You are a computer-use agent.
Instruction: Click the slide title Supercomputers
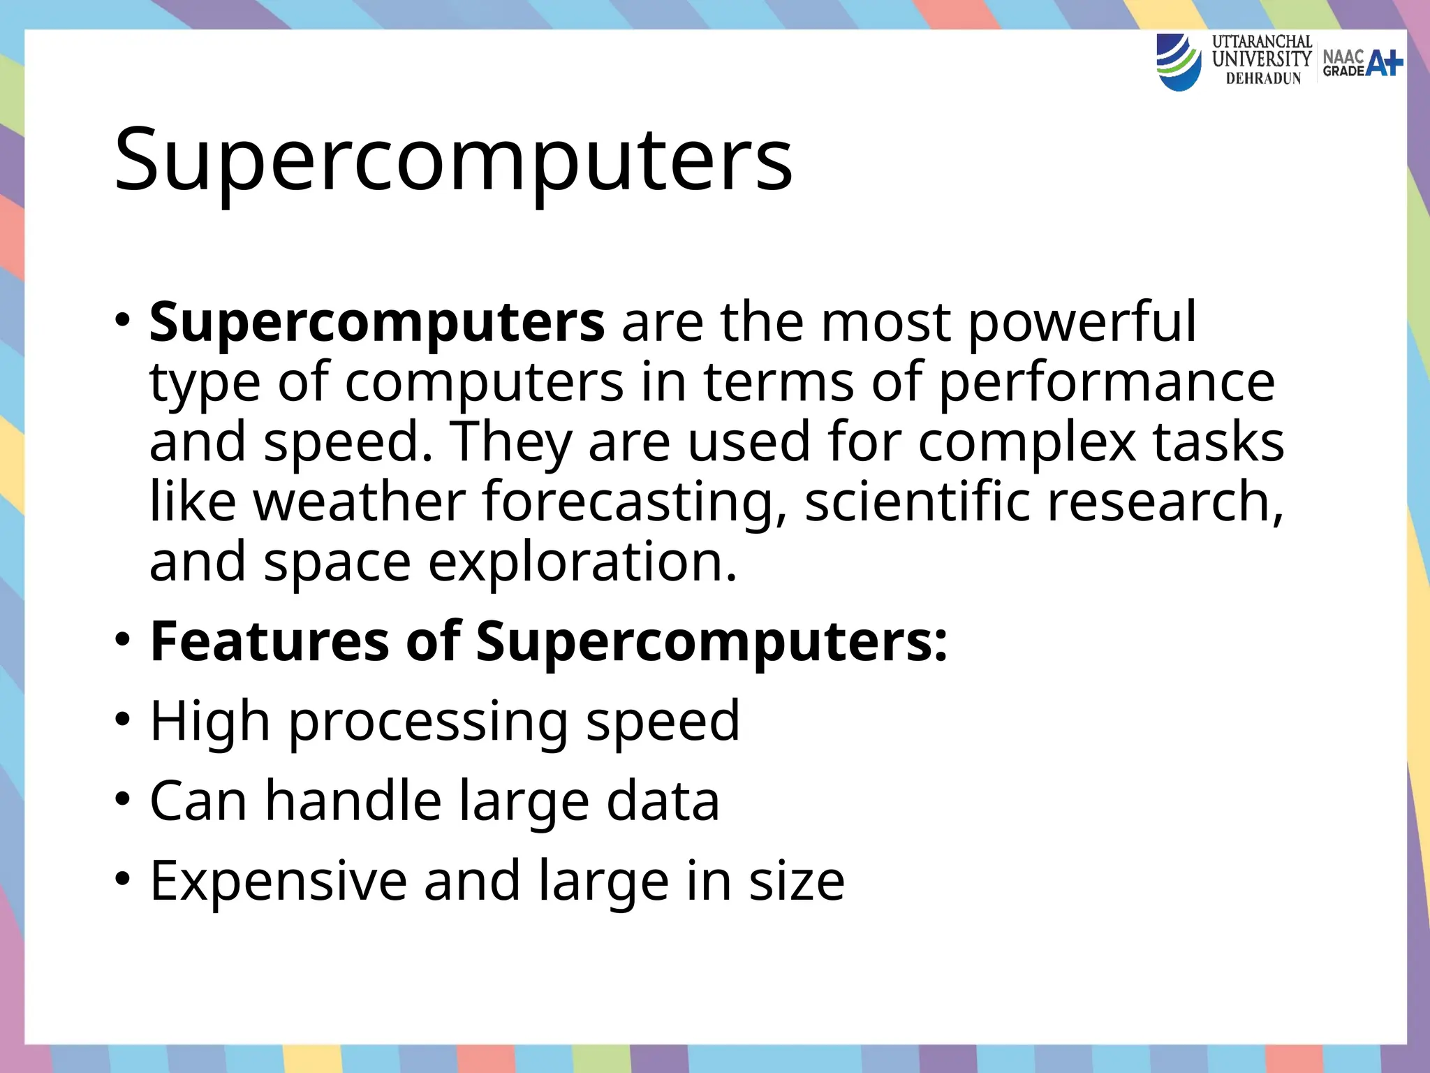[453, 160]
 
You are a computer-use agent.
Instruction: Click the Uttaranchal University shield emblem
[1179, 62]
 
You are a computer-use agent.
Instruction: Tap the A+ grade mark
[1384, 63]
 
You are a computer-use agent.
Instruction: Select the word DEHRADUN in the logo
[1263, 79]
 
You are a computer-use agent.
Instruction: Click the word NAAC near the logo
[1343, 56]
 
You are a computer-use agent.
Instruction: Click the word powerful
[1082, 323]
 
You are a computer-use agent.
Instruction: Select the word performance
[1107, 383]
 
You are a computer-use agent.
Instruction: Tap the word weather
[359, 501]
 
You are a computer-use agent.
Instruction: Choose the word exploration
[582, 562]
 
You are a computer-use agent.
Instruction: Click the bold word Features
[270, 641]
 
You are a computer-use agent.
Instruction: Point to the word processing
[428, 722]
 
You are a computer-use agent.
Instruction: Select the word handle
[353, 801]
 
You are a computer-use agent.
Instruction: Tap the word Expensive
[278, 881]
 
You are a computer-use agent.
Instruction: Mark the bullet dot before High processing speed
[123, 720]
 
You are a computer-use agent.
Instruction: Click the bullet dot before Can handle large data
[123, 799]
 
